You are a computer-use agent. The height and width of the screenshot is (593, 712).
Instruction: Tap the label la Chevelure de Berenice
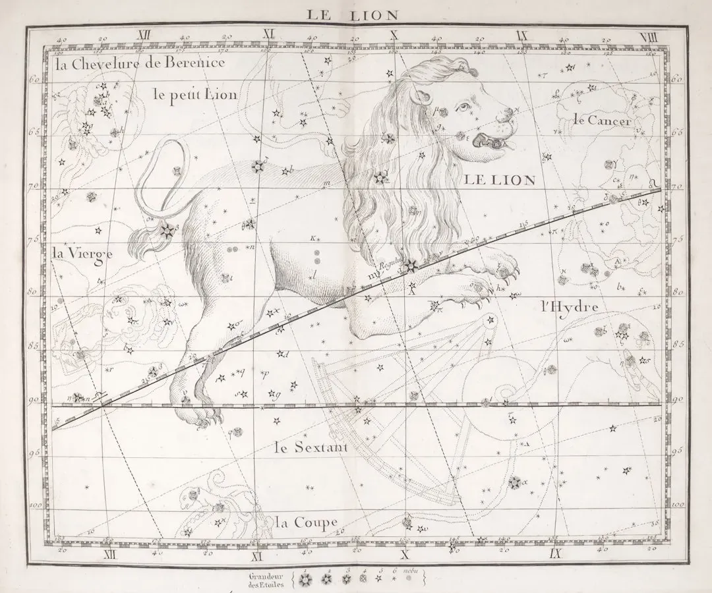[140, 63]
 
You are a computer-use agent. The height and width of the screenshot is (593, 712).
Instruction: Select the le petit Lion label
[194, 94]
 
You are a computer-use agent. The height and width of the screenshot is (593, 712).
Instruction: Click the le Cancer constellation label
[603, 120]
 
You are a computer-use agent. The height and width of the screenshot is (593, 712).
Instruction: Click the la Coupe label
[307, 523]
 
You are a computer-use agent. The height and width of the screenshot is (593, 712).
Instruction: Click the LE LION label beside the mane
[499, 180]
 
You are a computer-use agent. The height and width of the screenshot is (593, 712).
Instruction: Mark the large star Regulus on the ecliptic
[412, 266]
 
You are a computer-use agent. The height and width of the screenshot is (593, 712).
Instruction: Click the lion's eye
[465, 107]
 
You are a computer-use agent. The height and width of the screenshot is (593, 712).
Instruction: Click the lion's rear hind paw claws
[210, 416]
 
